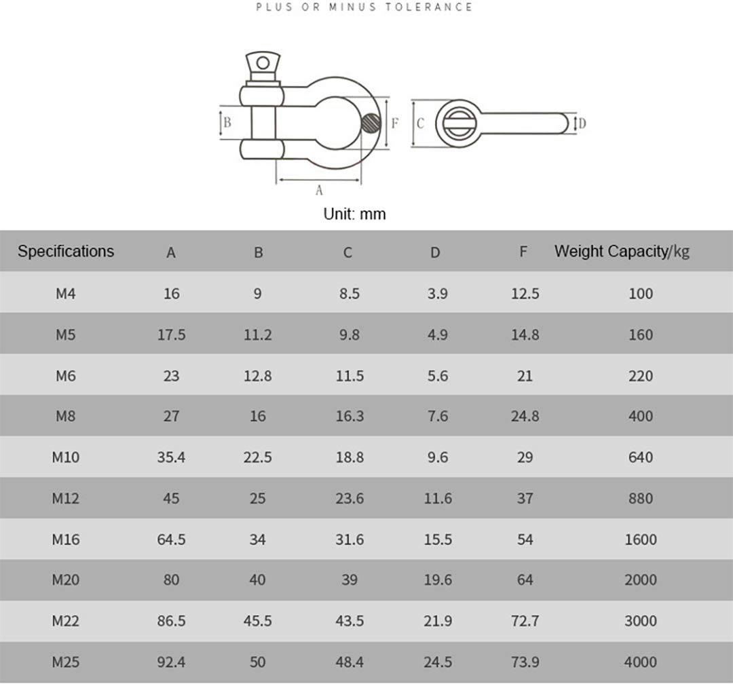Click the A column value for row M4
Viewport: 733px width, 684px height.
coord(171,294)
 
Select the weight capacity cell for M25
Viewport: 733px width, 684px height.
coord(640,662)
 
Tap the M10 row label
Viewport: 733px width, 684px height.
coord(66,457)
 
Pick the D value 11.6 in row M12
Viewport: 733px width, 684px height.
coord(437,499)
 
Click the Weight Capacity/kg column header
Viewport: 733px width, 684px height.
coord(622,251)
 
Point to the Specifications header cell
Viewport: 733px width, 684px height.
coord(66,251)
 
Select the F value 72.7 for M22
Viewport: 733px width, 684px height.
coord(525,622)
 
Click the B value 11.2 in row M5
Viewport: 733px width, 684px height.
coord(257,335)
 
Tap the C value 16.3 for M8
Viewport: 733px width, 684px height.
coord(350,417)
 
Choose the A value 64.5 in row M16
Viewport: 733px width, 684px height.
coord(171,539)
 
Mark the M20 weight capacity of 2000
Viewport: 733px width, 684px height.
coord(640,580)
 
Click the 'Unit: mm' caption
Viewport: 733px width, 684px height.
coord(354,214)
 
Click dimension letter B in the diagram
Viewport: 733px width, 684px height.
coord(228,123)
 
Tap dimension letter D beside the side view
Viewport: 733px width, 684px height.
coord(582,123)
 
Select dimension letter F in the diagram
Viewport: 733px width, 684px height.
coord(395,123)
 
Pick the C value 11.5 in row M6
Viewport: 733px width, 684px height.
coord(350,376)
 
